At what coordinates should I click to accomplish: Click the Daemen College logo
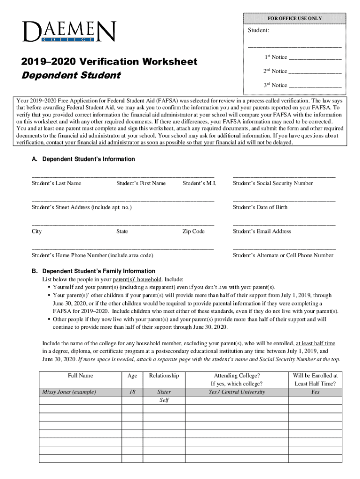pyautogui.click(x=68, y=31)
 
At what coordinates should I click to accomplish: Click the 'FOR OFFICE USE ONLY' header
pyautogui.click(x=295, y=18)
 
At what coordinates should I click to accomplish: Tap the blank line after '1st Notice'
pyautogui.click(x=315, y=58)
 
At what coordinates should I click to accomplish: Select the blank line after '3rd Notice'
pyautogui.click(x=315, y=87)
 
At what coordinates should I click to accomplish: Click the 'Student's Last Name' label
pyautogui.click(x=57, y=183)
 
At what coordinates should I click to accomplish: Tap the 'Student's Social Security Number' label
pyautogui.click(x=273, y=183)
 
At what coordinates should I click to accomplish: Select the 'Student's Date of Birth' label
pyautogui.click(x=260, y=207)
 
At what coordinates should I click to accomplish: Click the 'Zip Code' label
pyautogui.click(x=194, y=232)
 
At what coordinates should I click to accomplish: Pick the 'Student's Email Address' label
pyautogui.click(x=262, y=232)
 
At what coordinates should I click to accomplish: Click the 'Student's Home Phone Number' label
pyautogui.click(x=93, y=255)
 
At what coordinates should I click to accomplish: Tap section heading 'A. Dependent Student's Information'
pyautogui.click(x=83, y=159)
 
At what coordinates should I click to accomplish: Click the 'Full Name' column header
pyautogui.click(x=80, y=376)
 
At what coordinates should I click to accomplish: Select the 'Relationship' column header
pyautogui.click(x=164, y=376)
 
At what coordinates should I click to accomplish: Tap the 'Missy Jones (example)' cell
pyautogui.click(x=69, y=392)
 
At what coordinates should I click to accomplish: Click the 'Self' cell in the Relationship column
pyautogui.click(x=164, y=400)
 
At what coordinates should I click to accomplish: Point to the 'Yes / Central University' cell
pyautogui.click(x=237, y=392)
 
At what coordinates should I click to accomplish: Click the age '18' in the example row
pyautogui.click(x=132, y=392)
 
